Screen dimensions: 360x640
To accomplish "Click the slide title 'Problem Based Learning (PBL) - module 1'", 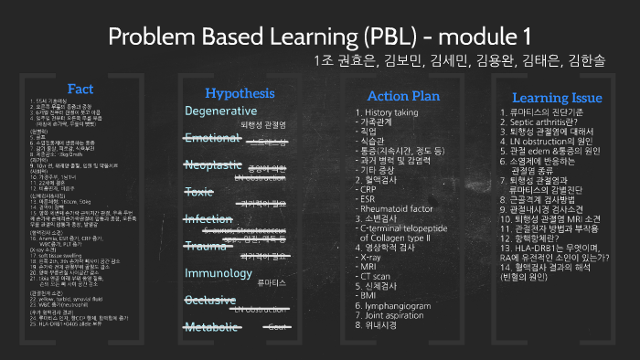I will [319, 37].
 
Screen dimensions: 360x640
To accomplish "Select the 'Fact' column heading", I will [80, 89].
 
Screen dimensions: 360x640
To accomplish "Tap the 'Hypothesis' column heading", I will [239, 93].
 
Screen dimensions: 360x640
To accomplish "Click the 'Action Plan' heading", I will [402, 95].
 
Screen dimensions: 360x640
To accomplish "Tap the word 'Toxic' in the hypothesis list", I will [198, 192].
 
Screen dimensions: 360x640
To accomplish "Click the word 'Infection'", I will [208, 219].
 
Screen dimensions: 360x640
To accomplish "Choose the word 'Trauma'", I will [205, 246].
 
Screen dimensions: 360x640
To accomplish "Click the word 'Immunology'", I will [219, 273].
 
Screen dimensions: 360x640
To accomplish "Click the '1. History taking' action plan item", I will [387, 111].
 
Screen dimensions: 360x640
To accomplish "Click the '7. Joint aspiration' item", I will [393, 312].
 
